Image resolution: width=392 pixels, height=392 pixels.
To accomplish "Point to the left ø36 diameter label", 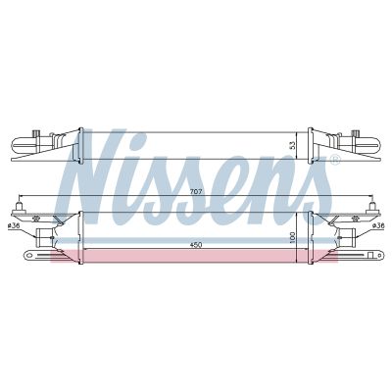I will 15,228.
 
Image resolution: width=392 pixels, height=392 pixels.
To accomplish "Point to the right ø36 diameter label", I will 377,228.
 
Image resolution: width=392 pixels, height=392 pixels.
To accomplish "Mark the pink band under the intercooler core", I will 196,256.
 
